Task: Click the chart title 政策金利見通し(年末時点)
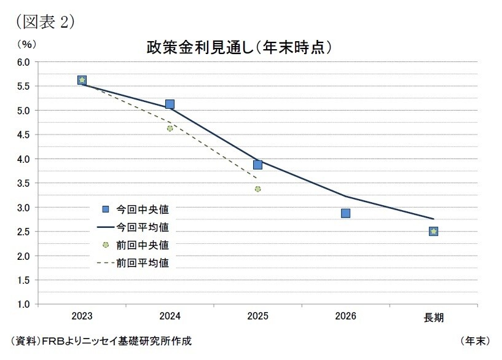coord(240,47)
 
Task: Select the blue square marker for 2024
coord(170,104)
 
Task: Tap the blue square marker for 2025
coord(257,165)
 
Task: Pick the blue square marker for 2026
coord(345,213)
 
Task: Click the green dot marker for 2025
coord(257,189)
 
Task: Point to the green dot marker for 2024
coord(170,128)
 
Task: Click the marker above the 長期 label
coord(433,232)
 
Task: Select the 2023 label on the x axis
coord(82,317)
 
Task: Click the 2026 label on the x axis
coord(345,317)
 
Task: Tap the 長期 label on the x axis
coord(433,318)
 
